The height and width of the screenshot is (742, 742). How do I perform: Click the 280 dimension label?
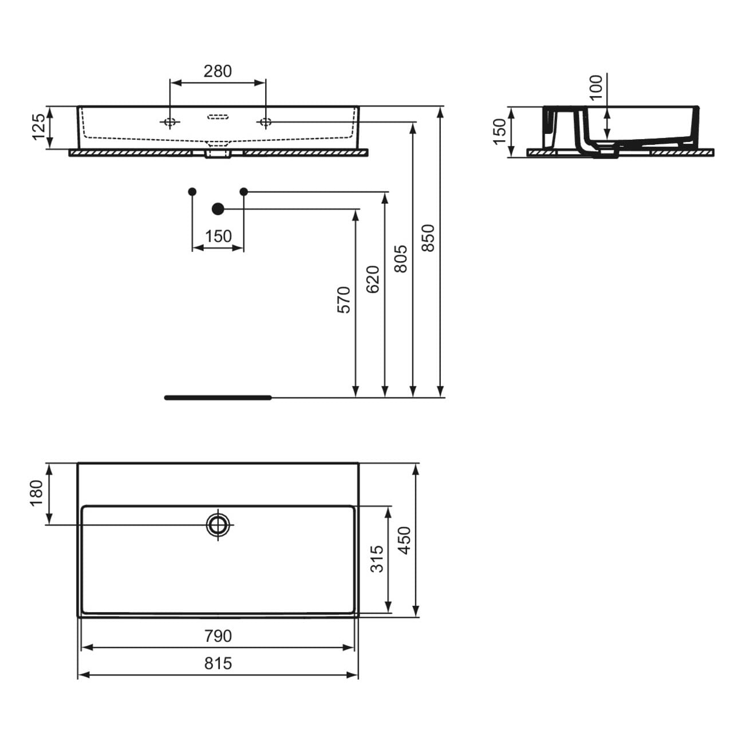pos(218,71)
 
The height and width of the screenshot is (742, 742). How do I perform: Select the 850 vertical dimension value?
pos(428,238)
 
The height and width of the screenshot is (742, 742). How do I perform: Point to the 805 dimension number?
pos(400,259)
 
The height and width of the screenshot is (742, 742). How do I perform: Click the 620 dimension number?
pos(373,279)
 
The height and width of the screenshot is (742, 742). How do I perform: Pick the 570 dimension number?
pos(344,299)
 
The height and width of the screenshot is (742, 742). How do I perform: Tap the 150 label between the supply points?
pos(218,236)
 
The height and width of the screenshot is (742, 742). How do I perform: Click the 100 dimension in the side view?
pos(595,88)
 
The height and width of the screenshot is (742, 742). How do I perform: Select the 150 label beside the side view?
pos(499,132)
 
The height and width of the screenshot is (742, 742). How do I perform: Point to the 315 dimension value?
pos(377,559)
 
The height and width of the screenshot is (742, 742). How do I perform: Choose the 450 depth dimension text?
pos(405,540)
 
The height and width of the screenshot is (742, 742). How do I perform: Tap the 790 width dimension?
pos(218,636)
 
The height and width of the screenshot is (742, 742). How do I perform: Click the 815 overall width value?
pos(218,663)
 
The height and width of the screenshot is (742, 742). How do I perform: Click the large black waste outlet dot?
pos(218,209)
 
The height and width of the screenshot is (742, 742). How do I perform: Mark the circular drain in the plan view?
pos(218,524)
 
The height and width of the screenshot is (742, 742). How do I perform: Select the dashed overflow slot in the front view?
pos(218,117)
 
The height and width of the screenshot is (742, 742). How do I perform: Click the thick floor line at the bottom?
pos(218,398)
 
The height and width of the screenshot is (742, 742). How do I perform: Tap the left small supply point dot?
pos(192,191)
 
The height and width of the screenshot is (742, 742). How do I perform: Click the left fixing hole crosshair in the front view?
pos(170,122)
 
